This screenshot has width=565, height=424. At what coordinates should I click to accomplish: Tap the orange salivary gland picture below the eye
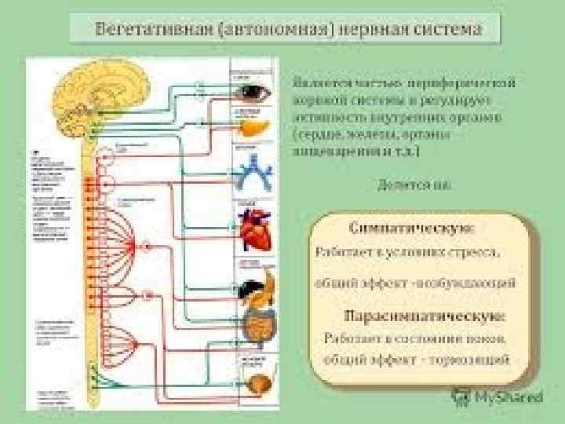coord(253,126)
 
